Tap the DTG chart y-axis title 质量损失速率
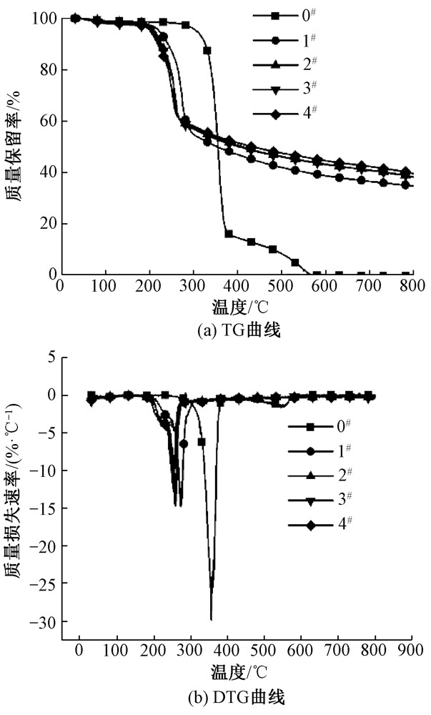[x=16, y=494]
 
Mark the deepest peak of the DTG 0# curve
[x=211, y=619]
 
